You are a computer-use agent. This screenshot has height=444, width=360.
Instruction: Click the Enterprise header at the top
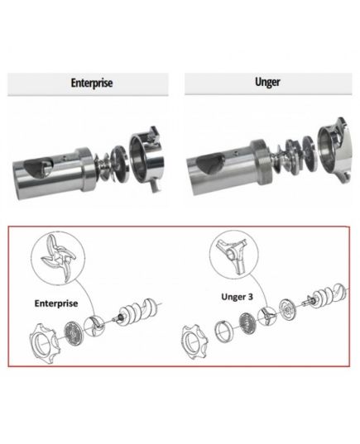92,83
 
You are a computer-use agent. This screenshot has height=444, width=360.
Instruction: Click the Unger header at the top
267,82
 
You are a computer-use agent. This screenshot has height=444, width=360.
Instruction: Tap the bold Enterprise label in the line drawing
56,303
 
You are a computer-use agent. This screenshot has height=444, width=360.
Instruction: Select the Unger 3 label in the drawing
237,297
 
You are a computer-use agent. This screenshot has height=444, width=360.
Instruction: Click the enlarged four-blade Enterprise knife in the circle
58,258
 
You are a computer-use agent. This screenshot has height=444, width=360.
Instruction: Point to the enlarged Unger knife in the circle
233,255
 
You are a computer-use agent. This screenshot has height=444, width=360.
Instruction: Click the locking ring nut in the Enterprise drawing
45,343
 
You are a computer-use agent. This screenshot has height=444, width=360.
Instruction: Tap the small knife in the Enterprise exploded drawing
94,326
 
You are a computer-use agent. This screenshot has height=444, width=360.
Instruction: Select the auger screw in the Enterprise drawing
137,312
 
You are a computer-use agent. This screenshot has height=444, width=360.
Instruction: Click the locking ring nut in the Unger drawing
194,341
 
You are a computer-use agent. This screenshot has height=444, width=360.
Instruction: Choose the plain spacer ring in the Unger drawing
224,332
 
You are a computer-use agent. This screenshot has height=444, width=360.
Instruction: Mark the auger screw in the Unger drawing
327,297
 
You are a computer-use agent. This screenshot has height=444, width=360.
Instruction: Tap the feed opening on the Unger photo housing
210,163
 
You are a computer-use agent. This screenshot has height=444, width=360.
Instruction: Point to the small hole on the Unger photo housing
236,153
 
